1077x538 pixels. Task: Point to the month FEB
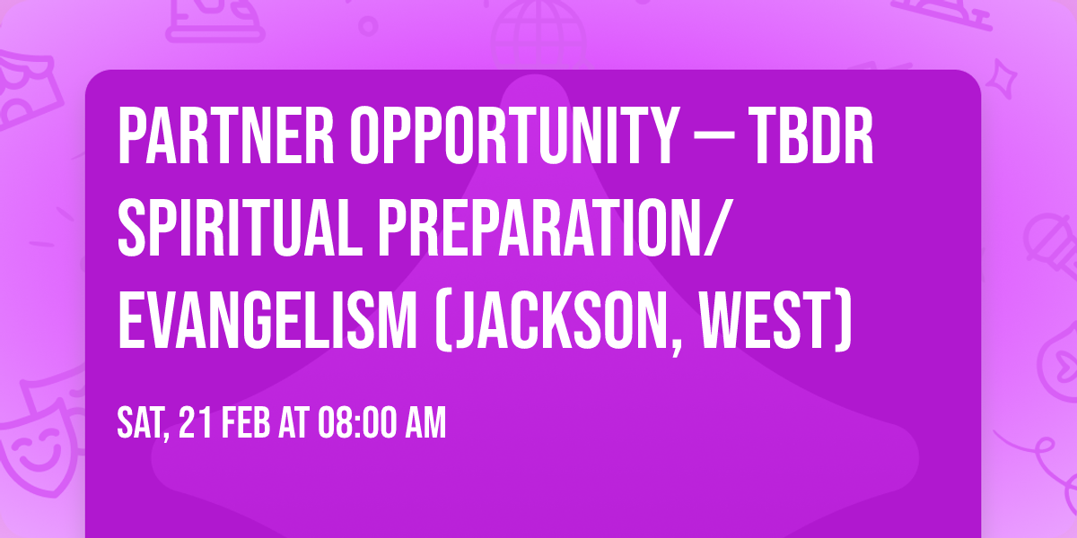click(246, 424)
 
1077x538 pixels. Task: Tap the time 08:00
click(354, 424)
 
